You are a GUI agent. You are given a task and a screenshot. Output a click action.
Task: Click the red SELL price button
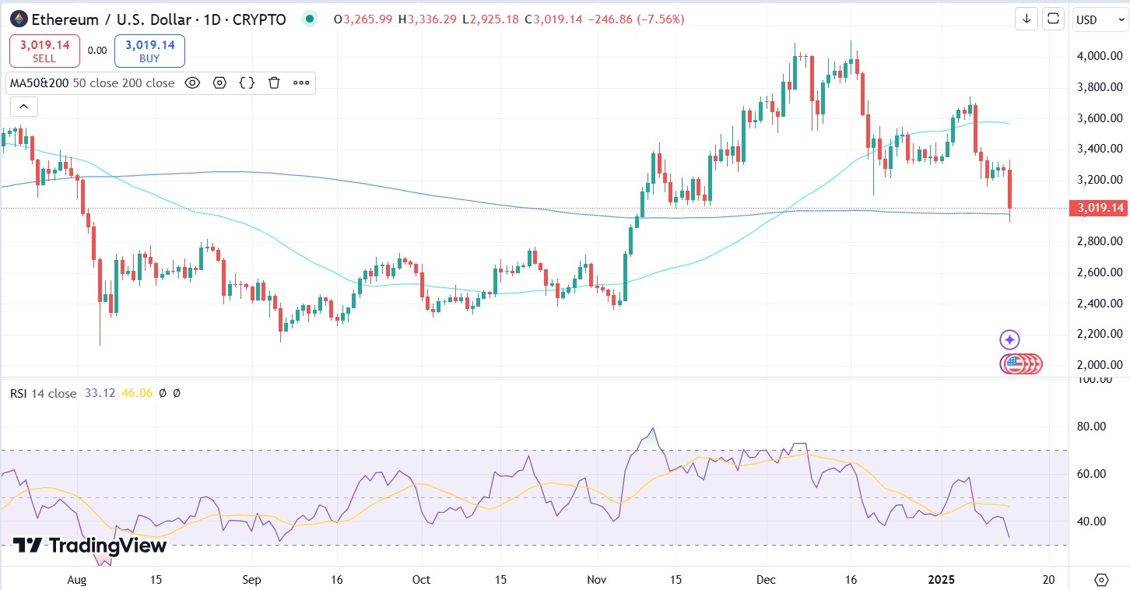point(44,51)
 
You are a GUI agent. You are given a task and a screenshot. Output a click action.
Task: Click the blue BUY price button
point(149,51)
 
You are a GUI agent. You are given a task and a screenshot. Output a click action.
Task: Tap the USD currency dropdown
point(1092,19)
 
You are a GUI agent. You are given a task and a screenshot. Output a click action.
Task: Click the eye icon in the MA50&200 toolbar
point(192,83)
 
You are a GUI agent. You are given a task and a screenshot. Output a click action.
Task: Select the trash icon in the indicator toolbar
point(274,83)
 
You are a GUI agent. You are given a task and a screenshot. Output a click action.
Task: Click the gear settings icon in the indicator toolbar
point(219,83)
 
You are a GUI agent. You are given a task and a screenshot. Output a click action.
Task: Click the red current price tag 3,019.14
point(1098,208)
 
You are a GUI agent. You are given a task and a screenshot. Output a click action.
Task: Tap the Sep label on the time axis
point(251,579)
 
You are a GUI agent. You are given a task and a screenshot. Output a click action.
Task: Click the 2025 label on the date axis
point(942,579)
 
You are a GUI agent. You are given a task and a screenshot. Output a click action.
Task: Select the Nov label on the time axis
point(597,579)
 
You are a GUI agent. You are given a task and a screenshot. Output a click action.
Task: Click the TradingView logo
point(89,546)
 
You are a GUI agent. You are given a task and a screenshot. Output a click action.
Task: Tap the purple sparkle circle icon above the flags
point(1009,339)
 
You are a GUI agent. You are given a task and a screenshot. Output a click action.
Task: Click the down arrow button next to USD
point(1026,19)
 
